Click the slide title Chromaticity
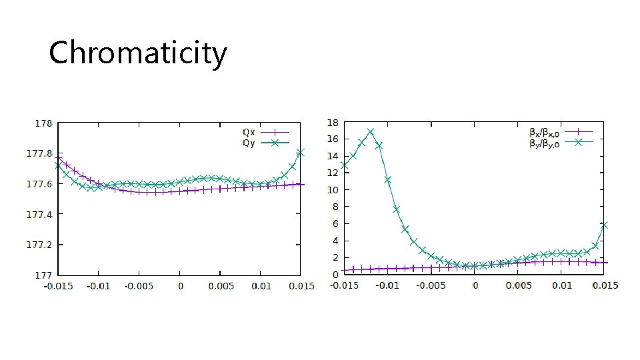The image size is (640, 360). click(138, 53)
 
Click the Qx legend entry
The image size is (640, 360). click(248, 132)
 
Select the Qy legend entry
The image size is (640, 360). click(248, 142)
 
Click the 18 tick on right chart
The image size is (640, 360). click(332, 123)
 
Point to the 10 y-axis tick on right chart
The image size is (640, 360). click(332, 190)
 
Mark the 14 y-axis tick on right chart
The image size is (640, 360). click(332, 156)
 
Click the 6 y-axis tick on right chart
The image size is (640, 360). click(334, 224)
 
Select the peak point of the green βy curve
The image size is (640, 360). click(370, 132)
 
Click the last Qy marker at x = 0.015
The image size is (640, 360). click(300, 153)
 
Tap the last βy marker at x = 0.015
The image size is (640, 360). click(604, 225)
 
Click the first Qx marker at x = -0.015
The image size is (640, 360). click(58, 159)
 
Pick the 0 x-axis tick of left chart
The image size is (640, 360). click(180, 286)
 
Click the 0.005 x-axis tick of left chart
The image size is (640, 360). click(220, 286)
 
